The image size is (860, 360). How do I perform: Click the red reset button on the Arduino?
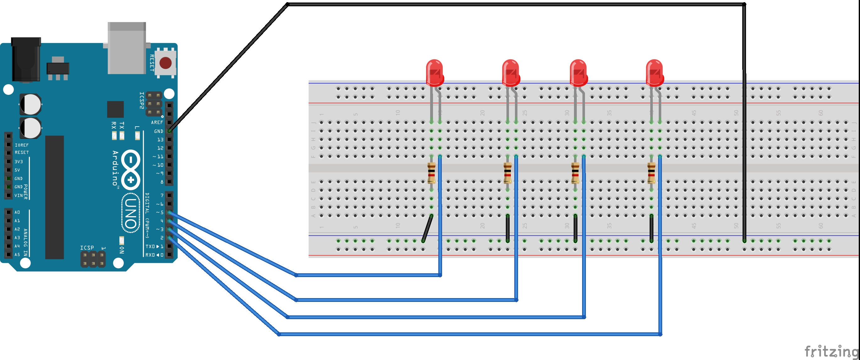tap(165, 63)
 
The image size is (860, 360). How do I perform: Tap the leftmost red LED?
tap(434, 73)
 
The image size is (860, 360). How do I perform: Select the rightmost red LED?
tap(654, 73)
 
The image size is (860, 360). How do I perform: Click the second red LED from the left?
tap(511, 73)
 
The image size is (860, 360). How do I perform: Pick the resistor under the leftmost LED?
tap(431, 173)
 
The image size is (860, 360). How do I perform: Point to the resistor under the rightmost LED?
tap(651, 173)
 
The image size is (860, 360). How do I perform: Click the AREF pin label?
tap(157, 123)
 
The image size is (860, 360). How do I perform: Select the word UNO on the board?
tap(131, 213)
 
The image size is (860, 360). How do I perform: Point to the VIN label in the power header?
tap(19, 196)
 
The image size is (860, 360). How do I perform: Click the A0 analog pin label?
tap(17, 212)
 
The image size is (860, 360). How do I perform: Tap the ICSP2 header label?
tap(142, 100)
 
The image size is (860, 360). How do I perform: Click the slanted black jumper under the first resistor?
tap(427, 229)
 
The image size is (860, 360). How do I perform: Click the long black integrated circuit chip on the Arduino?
tap(54, 197)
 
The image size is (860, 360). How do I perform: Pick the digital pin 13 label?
tap(160, 139)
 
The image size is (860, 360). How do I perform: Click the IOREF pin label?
tap(22, 145)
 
